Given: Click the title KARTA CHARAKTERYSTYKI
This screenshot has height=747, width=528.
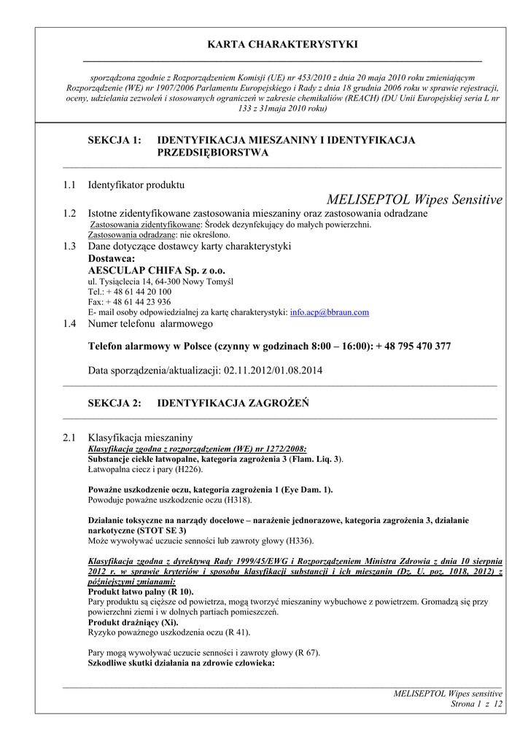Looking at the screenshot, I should (x=283, y=44).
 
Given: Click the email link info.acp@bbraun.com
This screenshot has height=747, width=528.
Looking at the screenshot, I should (x=330, y=312).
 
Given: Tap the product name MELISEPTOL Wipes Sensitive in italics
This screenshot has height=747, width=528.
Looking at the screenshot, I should (x=414, y=199).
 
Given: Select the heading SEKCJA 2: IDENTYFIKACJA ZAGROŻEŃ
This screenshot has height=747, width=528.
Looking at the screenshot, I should (x=198, y=403).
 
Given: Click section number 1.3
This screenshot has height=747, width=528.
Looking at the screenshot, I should (x=69, y=247).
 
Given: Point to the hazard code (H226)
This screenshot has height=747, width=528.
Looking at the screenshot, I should (x=187, y=470).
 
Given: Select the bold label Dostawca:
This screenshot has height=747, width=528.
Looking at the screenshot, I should (x=112, y=258).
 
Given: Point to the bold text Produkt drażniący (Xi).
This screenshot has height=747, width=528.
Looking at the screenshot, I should (x=133, y=623).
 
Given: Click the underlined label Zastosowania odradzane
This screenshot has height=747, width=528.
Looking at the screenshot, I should (x=131, y=235).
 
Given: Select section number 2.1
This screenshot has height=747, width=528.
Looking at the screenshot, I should (x=69, y=437).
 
